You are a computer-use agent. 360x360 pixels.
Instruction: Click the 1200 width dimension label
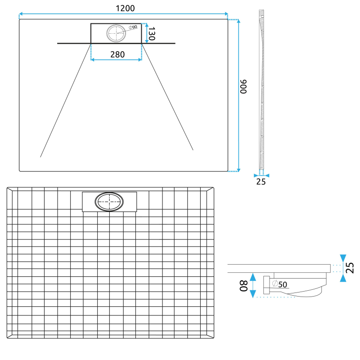click(125, 8)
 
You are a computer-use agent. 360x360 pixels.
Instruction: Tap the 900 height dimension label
click(243, 86)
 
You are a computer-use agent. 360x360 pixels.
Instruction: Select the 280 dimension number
click(117, 54)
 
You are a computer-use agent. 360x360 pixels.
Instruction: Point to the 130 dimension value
click(152, 33)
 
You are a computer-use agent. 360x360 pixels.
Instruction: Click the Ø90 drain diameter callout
click(133, 27)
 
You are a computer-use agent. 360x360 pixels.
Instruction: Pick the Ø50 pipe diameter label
click(279, 284)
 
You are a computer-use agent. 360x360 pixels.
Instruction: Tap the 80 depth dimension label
click(243, 286)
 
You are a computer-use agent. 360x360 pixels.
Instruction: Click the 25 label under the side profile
click(261, 182)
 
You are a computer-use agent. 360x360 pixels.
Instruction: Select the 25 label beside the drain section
click(350, 268)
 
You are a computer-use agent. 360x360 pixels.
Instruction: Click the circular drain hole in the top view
click(116, 33)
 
